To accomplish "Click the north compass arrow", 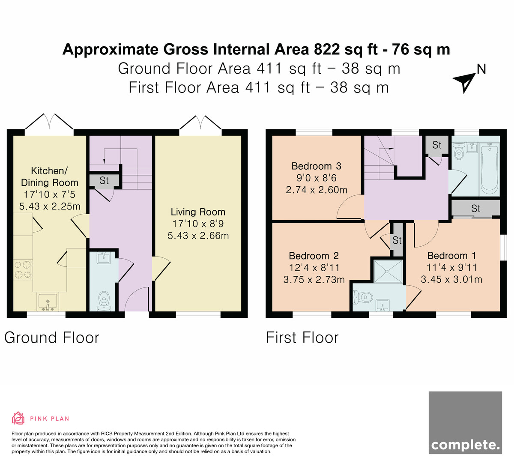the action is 465,83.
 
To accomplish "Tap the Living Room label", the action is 198,212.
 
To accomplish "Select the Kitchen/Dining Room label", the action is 49,176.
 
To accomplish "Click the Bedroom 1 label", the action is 451,256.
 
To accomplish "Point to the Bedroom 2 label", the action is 314,256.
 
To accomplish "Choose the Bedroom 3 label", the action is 316,166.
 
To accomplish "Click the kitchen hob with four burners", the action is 23,269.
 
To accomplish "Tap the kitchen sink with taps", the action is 48,302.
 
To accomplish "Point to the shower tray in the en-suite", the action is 388,272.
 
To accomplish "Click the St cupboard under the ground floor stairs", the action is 104,181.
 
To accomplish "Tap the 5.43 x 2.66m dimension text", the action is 198,236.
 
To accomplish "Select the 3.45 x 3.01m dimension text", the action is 451,279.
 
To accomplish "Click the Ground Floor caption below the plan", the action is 52,338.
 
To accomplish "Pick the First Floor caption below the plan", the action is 302,338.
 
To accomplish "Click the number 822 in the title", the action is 327,49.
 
